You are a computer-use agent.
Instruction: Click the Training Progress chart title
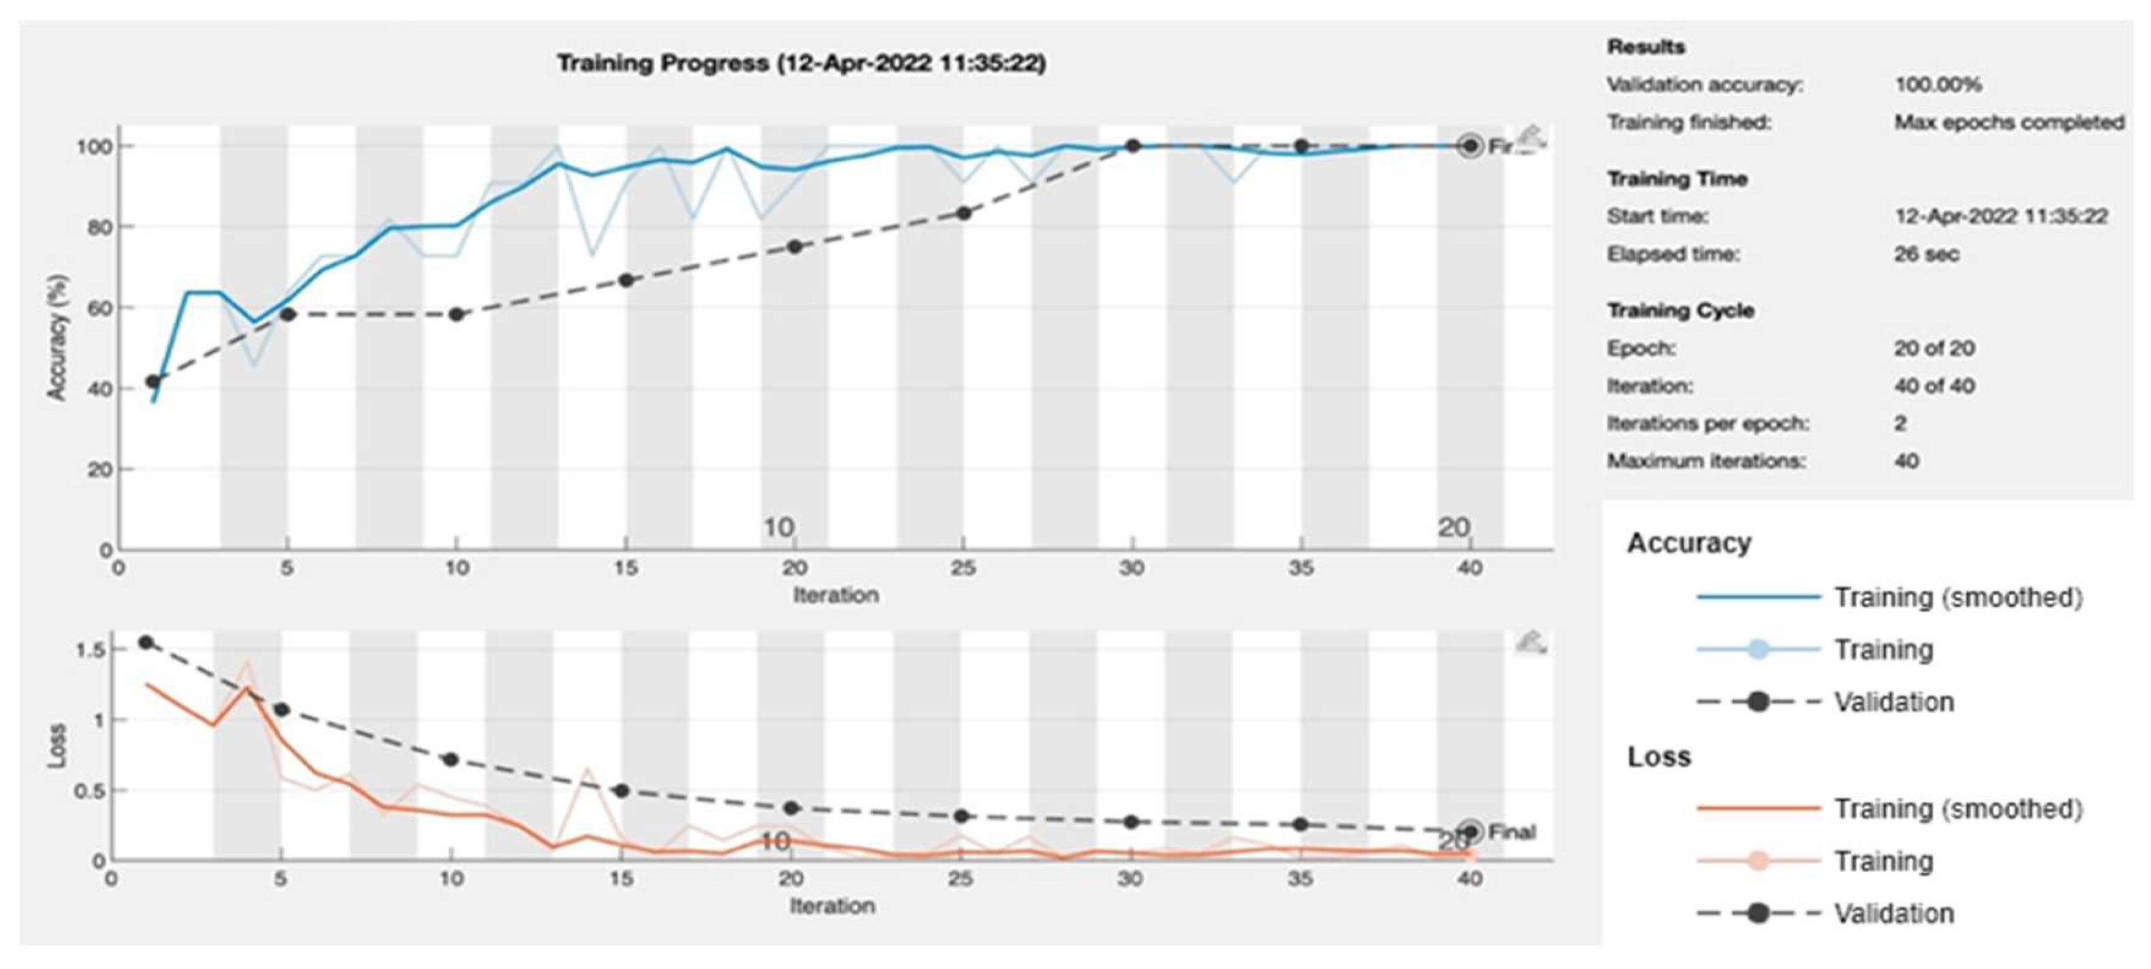point(801,64)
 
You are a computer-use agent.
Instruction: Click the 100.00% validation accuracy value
point(1937,85)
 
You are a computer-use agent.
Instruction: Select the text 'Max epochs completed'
point(2008,123)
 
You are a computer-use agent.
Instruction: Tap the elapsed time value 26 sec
point(1926,254)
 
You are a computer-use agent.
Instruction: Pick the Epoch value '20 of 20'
point(1933,348)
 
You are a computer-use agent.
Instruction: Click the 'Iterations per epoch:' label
point(1707,424)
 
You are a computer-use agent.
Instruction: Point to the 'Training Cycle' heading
point(1680,311)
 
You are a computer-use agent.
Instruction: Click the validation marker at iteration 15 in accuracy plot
point(626,281)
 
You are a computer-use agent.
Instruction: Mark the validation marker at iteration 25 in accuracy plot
point(962,213)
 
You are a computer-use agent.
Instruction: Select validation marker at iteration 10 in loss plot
point(451,759)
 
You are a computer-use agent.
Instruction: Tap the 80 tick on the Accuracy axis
point(99,227)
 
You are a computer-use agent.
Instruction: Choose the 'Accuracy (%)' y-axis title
point(57,338)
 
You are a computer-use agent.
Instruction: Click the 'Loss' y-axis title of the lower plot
point(57,746)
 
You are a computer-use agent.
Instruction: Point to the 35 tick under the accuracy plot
point(1300,569)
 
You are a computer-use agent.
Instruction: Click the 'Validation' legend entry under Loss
point(1893,914)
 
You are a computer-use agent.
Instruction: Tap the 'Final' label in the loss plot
point(1511,832)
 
